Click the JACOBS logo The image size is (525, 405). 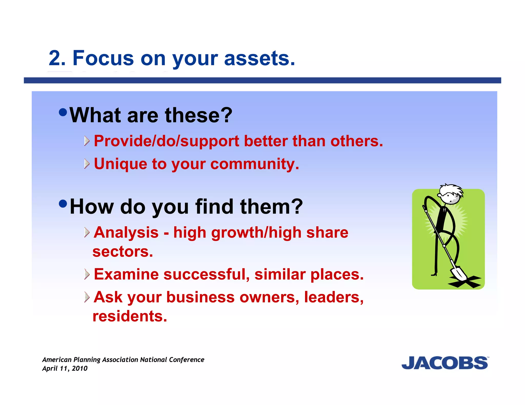click(x=445, y=363)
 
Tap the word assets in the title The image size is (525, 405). click(x=259, y=58)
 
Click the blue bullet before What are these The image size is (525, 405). click(x=63, y=112)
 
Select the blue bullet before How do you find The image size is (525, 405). click(x=63, y=204)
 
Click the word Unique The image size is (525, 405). click(x=120, y=164)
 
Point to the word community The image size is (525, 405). click(x=254, y=164)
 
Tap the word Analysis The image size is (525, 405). click(x=126, y=232)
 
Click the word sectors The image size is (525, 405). click(x=123, y=252)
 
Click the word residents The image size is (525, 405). click(x=130, y=316)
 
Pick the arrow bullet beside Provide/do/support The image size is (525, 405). click(x=87, y=141)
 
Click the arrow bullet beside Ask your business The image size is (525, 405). click(x=87, y=297)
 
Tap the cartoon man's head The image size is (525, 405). click(x=450, y=195)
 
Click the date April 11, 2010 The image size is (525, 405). click(x=65, y=368)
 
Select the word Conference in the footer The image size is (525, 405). click(x=186, y=360)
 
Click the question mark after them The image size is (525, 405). click(x=297, y=206)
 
